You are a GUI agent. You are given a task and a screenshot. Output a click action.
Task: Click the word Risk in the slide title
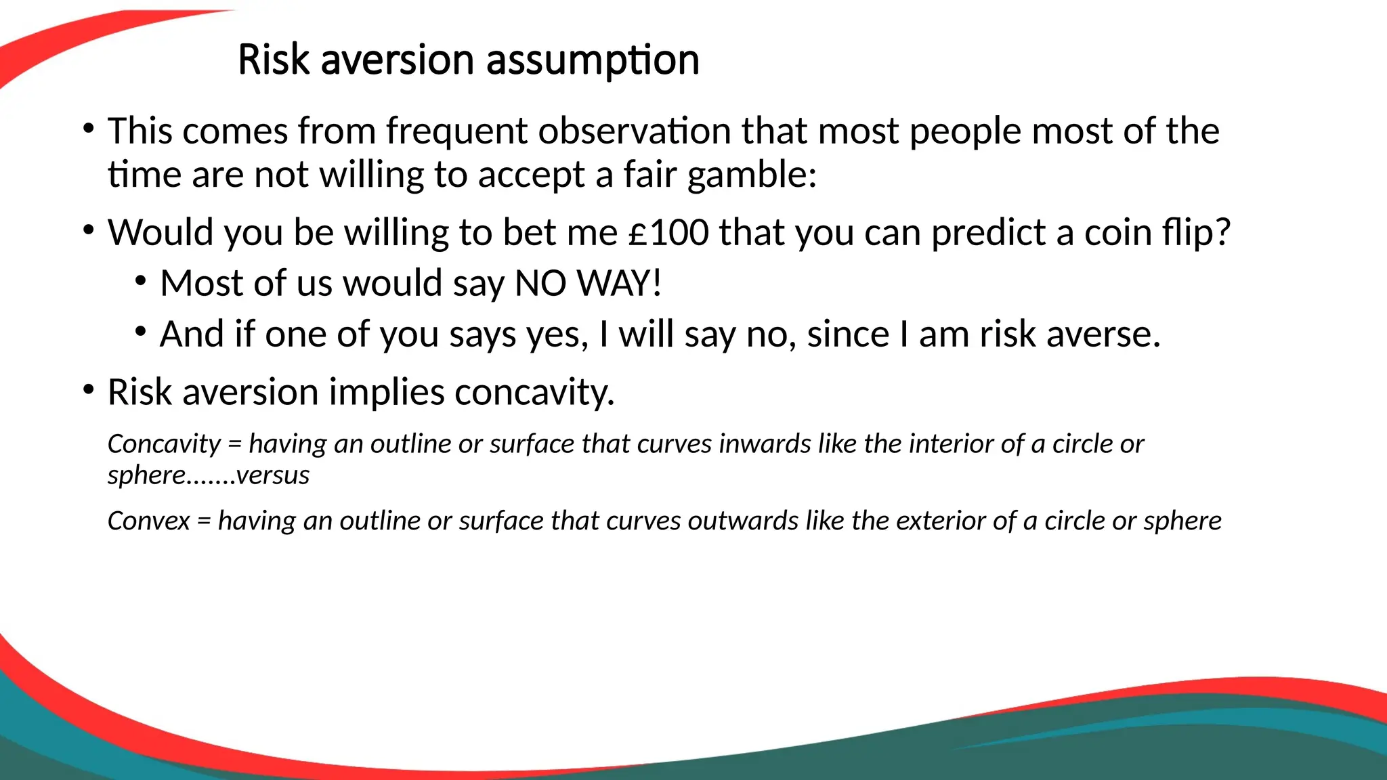point(273,60)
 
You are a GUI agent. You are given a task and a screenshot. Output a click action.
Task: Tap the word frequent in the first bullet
point(456,131)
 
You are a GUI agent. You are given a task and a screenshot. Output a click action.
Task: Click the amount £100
point(668,233)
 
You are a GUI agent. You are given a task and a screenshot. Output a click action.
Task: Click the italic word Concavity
point(164,444)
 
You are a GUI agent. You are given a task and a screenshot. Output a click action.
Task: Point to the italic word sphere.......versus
point(208,475)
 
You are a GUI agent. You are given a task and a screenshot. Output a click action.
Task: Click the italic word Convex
point(148,521)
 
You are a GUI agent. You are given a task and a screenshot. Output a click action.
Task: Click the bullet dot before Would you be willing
point(88,230)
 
